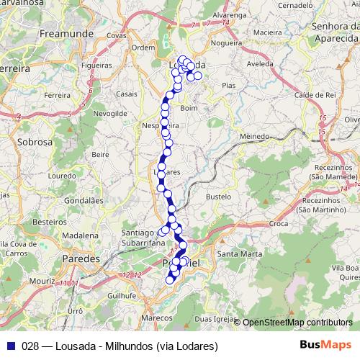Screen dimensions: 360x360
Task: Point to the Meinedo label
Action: [255, 135]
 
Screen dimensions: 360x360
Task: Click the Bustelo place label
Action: [218, 196]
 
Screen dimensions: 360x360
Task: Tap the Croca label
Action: [279, 224]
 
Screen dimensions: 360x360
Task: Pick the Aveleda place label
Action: [261, 63]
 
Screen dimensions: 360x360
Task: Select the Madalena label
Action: [79, 235]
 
